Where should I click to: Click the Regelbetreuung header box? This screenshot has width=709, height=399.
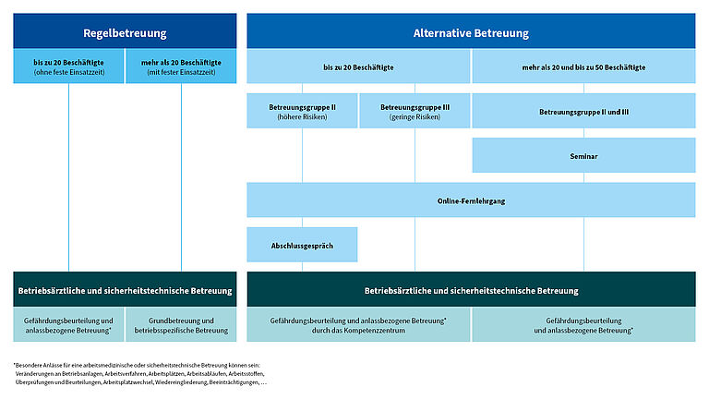tap(125, 32)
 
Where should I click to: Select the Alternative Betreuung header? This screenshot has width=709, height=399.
tap(471, 32)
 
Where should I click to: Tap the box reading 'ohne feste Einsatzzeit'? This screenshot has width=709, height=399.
tap(68, 67)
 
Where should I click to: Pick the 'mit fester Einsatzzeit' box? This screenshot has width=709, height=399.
tap(181, 67)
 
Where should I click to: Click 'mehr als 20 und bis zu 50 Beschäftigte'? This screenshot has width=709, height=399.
tap(583, 67)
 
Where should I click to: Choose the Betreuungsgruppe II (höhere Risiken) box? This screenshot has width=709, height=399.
tap(302, 111)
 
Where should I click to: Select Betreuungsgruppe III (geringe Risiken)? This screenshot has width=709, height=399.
tap(415, 111)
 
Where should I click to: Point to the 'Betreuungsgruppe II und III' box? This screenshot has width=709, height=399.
tap(583, 112)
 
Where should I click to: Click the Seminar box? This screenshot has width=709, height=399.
tap(583, 156)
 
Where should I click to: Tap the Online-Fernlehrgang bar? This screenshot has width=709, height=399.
tap(471, 200)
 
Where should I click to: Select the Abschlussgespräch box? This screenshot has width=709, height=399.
tap(302, 245)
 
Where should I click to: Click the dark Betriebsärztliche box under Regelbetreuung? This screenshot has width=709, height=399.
tap(125, 290)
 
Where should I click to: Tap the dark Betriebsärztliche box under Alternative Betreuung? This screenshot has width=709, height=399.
tap(471, 290)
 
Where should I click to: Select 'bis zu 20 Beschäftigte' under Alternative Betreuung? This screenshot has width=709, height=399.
tap(358, 67)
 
